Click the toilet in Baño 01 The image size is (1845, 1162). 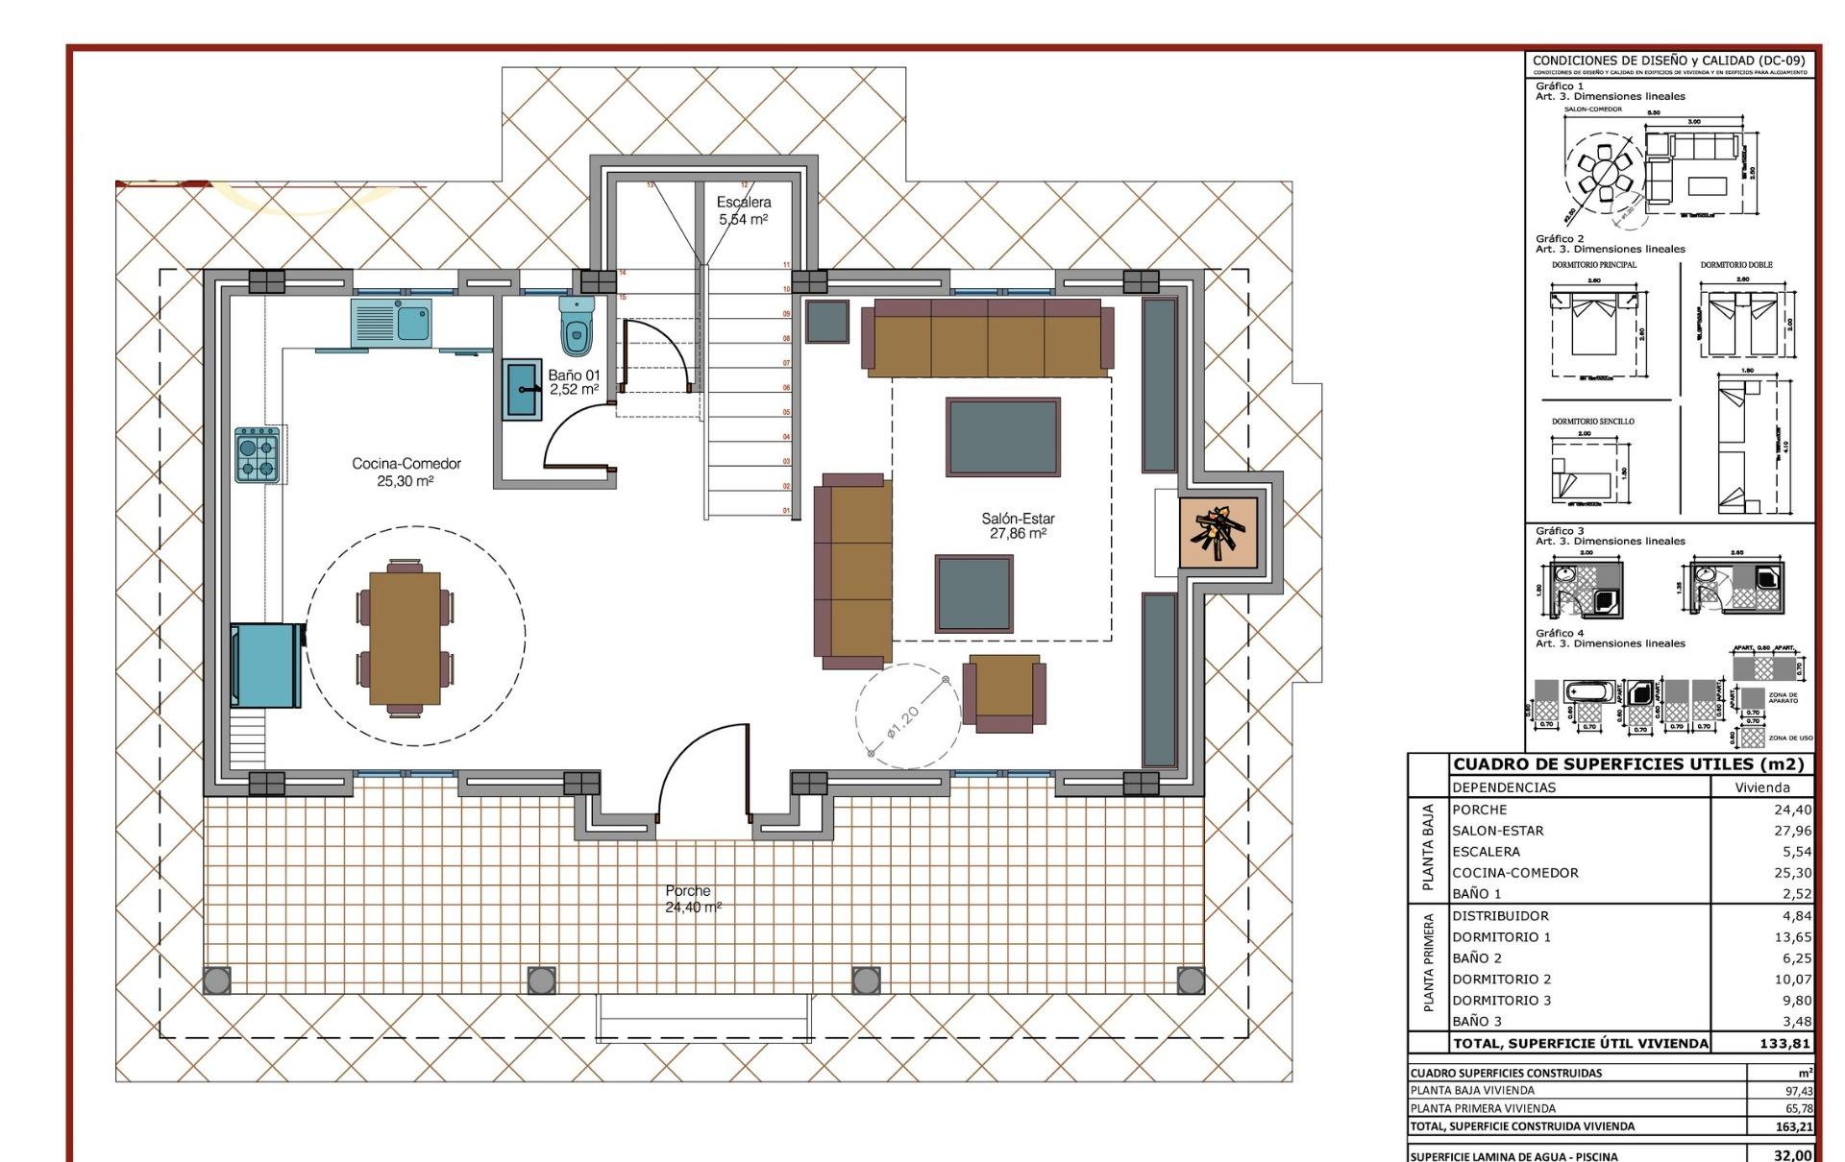coord(577,327)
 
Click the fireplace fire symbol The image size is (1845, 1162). coord(1218,532)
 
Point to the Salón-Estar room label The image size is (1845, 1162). coord(1018,525)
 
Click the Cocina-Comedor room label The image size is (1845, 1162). coord(406,472)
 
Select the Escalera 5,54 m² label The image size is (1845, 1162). coord(743,210)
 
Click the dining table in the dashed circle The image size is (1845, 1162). coord(405,638)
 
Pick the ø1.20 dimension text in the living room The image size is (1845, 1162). coord(903,721)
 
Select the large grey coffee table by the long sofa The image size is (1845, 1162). coord(1002,437)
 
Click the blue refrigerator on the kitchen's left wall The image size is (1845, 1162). coord(263,665)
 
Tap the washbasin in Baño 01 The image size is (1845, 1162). coord(522,389)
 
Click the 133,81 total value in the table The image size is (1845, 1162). coord(1784,1043)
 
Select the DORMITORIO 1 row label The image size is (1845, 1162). coord(1501,936)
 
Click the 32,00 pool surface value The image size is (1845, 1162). coord(1792,1155)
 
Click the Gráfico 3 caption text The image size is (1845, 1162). coord(1560,530)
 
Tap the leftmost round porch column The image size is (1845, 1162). coord(217,980)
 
